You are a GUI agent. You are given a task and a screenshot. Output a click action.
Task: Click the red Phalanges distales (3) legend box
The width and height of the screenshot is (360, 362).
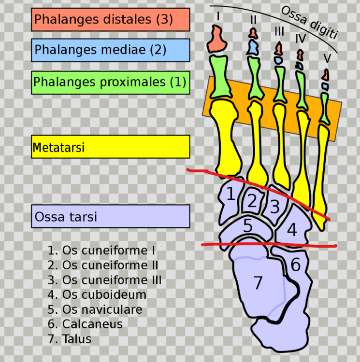pos(110,19)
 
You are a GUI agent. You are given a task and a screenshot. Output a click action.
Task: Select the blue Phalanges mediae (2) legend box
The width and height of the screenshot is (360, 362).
pos(110,50)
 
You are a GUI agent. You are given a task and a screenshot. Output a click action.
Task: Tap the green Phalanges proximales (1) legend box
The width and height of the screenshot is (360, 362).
pos(110,82)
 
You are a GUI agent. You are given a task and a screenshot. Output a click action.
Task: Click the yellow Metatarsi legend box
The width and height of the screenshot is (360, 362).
pos(110,147)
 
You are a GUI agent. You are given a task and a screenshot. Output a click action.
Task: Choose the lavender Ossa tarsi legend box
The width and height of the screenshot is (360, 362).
pos(110,216)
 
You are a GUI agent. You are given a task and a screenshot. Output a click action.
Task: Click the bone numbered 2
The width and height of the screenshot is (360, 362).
pos(252,201)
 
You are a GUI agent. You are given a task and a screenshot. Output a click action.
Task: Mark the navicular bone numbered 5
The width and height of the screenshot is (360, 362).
pos(248,225)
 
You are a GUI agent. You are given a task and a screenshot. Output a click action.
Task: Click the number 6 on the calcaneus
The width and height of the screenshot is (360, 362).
pos(296,265)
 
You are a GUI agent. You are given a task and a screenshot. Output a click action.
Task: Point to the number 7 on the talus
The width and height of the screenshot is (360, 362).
pos(258,282)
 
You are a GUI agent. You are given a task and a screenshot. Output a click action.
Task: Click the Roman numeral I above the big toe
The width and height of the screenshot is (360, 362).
pos(218,16)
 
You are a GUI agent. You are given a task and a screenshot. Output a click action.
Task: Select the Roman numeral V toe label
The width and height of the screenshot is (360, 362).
pos(327,58)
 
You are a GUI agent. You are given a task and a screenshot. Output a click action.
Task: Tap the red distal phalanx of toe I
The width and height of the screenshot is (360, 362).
pos(217,40)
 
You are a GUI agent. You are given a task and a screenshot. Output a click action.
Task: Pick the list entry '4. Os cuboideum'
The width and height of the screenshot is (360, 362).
pos(97,294)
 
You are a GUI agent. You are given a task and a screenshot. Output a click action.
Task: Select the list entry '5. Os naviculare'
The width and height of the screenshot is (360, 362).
pos(95,309)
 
